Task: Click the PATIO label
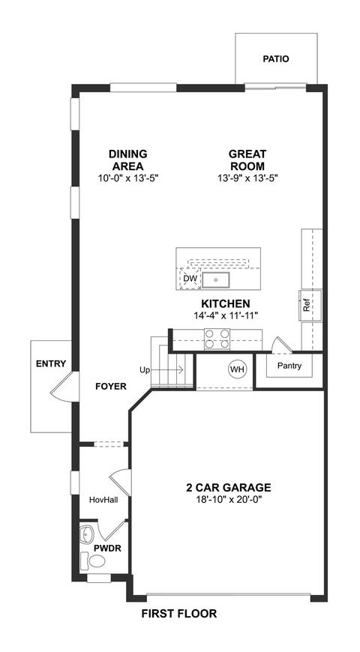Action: tap(275, 59)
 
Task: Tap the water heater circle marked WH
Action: tap(237, 369)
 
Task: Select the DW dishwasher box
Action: tap(190, 278)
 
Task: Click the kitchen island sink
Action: tap(216, 280)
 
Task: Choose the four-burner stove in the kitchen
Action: tap(217, 339)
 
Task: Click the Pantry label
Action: tap(289, 366)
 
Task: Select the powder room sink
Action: tap(87, 534)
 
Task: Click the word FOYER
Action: tap(111, 387)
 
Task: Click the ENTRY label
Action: tap(51, 363)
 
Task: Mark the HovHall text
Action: tap(103, 500)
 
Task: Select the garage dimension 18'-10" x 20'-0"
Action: tap(229, 498)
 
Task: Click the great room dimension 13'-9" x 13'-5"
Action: tap(247, 178)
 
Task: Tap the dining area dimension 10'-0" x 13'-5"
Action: tap(128, 178)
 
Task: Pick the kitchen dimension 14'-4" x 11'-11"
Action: tap(226, 316)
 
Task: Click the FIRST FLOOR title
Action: tap(179, 613)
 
